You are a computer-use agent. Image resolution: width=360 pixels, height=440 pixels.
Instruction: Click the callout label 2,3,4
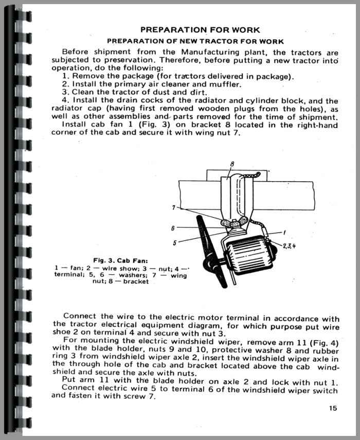click(289, 245)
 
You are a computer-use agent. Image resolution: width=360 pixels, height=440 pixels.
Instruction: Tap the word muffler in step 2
click(226, 84)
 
